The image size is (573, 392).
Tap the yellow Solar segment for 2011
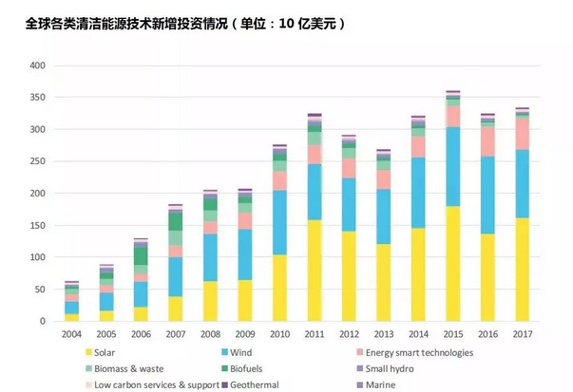tap(314, 271)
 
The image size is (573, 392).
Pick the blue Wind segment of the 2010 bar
tap(279, 222)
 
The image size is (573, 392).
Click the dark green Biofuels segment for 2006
tap(141, 255)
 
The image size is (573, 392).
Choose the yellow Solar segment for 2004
tap(72, 317)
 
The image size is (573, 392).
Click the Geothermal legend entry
tap(256, 384)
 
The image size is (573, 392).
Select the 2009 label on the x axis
tap(244, 333)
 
